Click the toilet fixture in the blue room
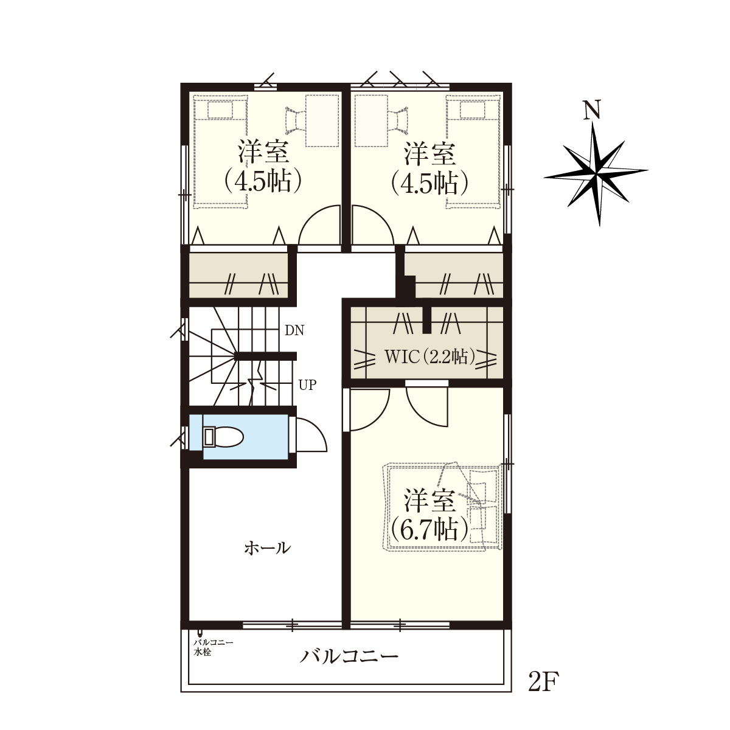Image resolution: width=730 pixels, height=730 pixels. point(223,437)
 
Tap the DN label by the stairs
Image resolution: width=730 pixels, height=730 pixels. point(294,331)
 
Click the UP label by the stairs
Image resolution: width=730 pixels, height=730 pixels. point(307,385)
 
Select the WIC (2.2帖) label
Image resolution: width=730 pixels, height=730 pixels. point(429,356)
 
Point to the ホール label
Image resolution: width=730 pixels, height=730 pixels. point(268,548)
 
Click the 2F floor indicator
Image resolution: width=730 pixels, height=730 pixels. point(544,683)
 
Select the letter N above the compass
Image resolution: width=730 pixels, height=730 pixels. point(593,110)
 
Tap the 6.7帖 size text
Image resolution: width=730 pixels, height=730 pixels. point(429,530)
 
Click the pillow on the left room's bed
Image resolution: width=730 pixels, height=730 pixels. point(220,110)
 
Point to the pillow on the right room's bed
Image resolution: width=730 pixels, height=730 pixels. point(473,110)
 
